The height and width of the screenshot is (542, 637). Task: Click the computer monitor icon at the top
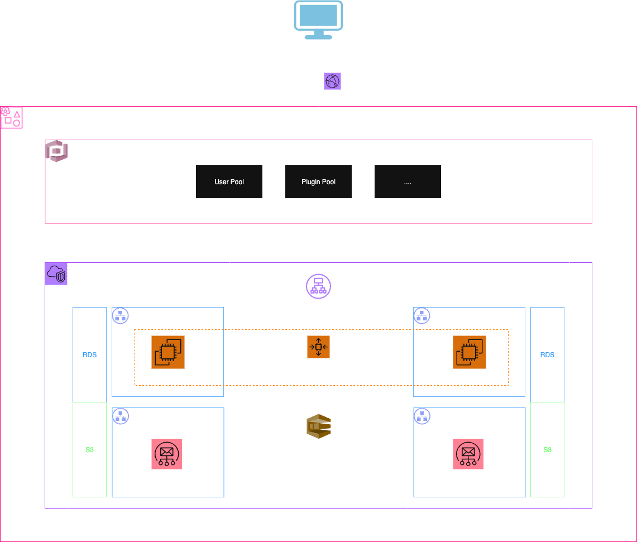[x=318, y=20]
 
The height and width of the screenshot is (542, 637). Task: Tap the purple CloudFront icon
[x=333, y=81]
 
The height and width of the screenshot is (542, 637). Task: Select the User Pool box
[x=229, y=181]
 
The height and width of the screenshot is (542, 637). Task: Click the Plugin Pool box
[x=318, y=181]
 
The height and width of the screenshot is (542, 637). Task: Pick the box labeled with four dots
[x=408, y=181]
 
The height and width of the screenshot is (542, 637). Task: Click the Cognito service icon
[x=56, y=151]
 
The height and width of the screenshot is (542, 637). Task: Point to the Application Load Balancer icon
[x=318, y=286]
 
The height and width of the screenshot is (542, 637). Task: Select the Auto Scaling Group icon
[x=318, y=347]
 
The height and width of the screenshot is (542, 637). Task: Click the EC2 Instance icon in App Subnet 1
[x=167, y=352]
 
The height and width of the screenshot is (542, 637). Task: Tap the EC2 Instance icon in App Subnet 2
[x=469, y=352]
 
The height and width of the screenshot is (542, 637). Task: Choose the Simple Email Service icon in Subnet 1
[x=166, y=454]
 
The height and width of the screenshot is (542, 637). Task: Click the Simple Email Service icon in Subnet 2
[x=468, y=454]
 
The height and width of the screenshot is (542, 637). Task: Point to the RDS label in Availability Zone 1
[x=89, y=355]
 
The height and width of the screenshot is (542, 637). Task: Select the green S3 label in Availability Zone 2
[x=547, y=450]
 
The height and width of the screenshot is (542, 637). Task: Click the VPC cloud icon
[x=56, y=274]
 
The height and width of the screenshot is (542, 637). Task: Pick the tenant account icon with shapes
[x=11, y=117]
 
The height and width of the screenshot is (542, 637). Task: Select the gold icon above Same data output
[x=318, y=426]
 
